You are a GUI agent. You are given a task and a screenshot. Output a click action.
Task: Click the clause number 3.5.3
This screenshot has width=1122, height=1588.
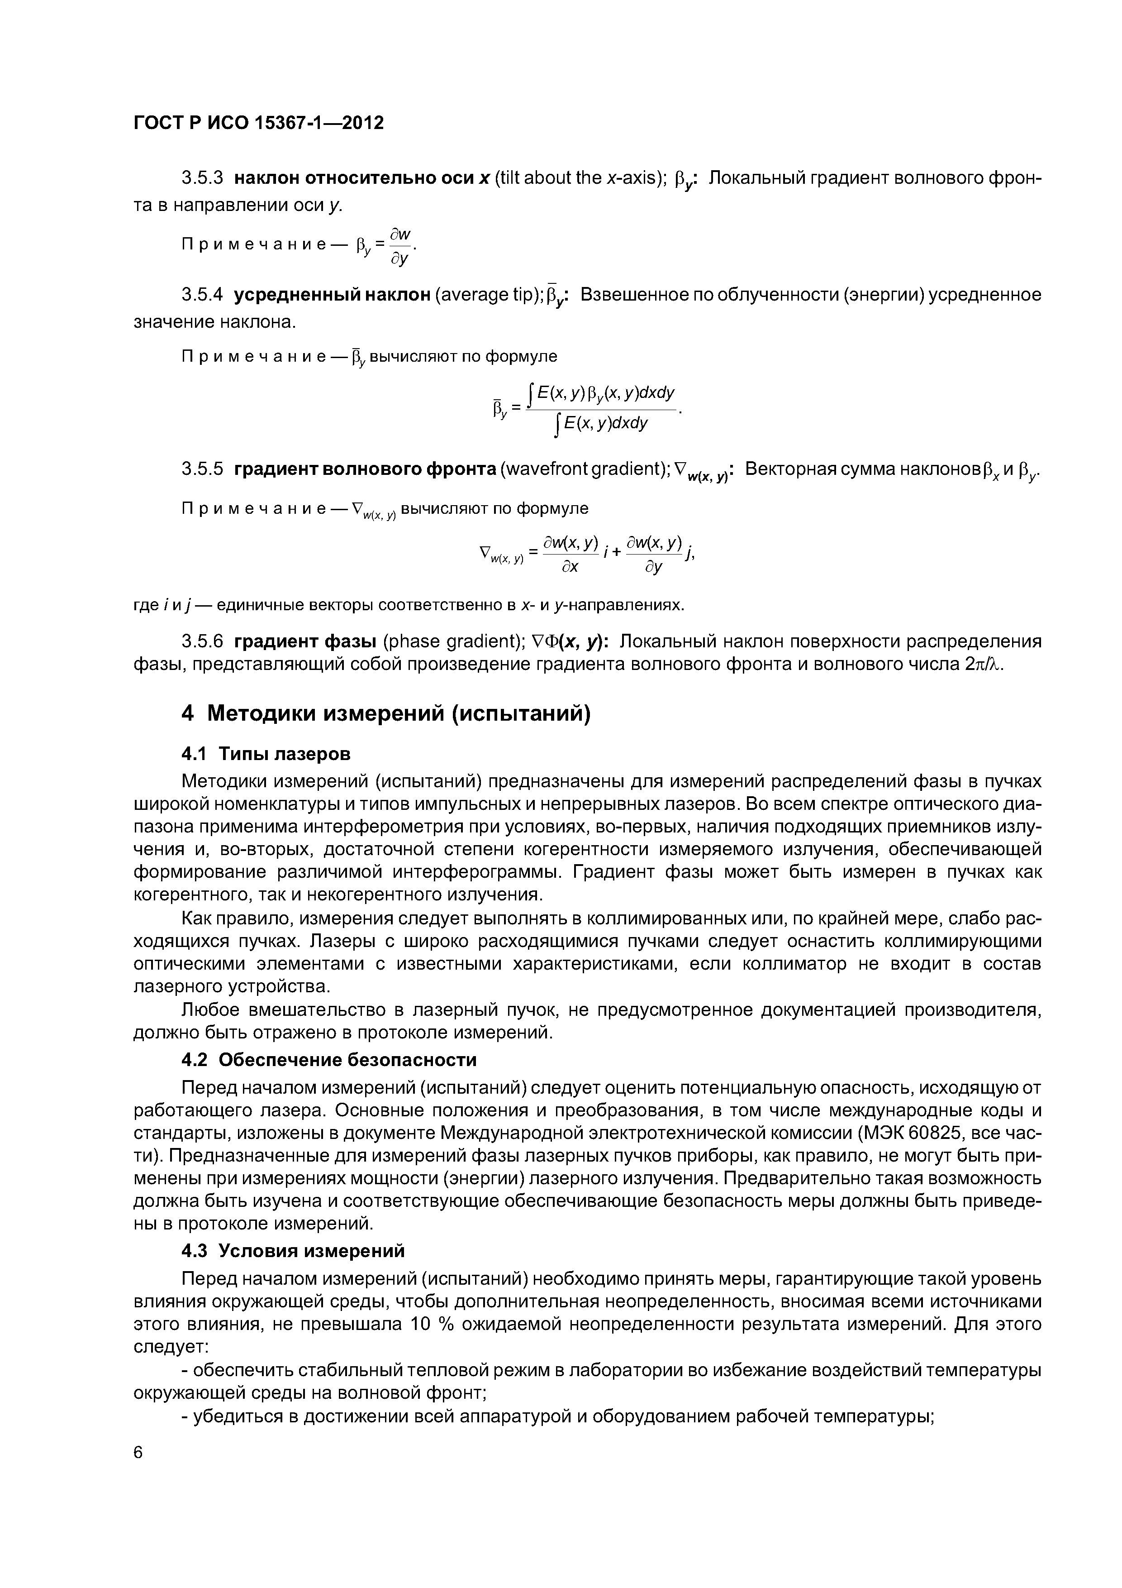point(203,178)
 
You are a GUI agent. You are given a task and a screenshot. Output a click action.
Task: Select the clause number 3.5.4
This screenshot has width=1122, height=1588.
point(203,295)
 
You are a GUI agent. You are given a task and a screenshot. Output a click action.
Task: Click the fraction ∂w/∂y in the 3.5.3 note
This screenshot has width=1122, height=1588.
point(400,246)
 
